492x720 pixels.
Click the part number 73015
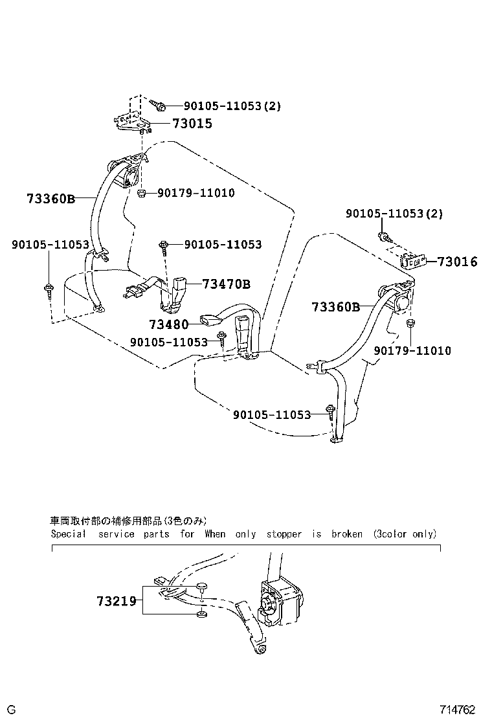(x=192, y=124)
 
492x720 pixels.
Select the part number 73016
(x=457, y=262)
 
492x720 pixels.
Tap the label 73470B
(x=226, y=284)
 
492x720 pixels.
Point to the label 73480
(x=168, y=324)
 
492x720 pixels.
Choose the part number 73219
(x=117, y=601)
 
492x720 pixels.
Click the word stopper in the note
(x=284, y=534)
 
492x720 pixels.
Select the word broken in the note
(x=346, y=534)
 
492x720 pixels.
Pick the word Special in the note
(x=68, y=534)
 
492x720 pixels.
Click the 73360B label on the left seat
(x=50, y=199)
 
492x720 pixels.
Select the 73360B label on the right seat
(x=335, y=306)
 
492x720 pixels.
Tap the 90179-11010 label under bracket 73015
(x=196, y=193)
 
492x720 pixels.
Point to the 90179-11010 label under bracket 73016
(x=412, y=350)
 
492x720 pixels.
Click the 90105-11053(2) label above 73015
(x=232, y=106)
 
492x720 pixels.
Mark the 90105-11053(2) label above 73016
(x=394, y=214)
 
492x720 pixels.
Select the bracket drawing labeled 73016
(x=412, y=261)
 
